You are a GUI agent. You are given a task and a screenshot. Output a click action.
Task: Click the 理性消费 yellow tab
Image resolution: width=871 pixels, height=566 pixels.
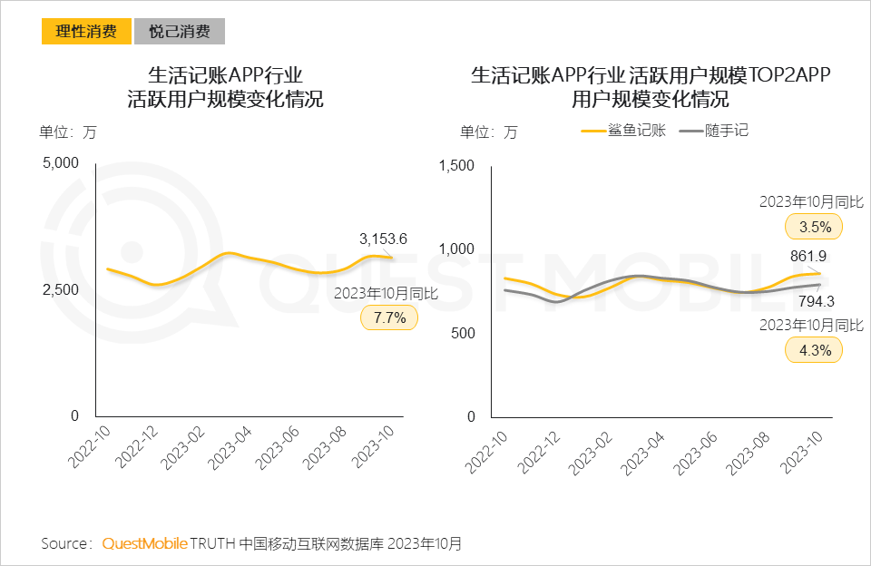click(x=86, y=32)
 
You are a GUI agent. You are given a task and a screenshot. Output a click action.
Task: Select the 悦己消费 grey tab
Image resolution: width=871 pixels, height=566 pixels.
click(x=179, y=32)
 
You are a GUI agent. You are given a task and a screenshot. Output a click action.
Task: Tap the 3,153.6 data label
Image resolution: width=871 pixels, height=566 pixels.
click(x=383, y=239)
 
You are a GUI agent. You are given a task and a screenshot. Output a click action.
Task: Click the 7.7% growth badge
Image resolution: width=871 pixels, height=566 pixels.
click(x=389, y=317)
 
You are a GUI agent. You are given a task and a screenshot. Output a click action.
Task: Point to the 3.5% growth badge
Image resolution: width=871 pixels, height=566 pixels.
click(x=815, y=226)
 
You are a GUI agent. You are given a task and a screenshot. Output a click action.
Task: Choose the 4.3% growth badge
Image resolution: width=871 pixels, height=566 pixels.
click(x=815, y=350)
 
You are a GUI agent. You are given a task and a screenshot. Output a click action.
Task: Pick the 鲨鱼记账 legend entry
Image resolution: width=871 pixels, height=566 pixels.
click(x=624, y=131)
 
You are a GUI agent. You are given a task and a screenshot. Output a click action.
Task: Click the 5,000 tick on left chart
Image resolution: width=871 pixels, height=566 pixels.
click(x=62, y=162)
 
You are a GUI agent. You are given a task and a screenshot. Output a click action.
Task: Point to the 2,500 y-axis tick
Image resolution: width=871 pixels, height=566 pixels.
click(x=62, y=289)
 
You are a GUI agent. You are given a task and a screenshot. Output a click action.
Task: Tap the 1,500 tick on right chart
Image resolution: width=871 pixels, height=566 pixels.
click(x=457, y=165)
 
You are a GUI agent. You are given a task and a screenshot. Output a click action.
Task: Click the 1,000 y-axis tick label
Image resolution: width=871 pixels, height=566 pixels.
click(x=457, y=249)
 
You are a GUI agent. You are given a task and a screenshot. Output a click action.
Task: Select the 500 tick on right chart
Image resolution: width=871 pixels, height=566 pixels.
click(x=463, y=333)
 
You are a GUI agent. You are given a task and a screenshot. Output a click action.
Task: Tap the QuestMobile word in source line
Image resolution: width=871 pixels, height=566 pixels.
click(x=144, y=544)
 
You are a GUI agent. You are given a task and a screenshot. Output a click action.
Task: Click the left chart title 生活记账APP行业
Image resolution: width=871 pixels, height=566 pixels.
click(x=225, y=74)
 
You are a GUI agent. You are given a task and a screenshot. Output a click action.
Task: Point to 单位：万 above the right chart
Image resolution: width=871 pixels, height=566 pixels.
click(x=488, y=132)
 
